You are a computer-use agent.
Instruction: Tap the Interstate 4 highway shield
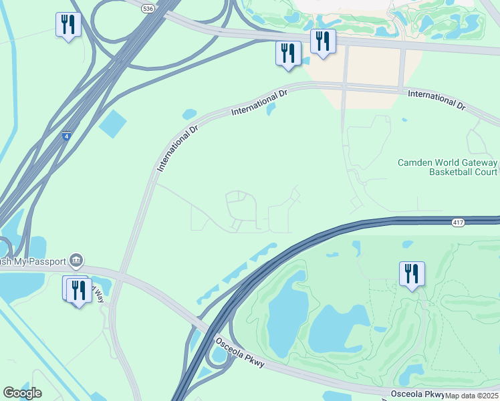pos(66,136)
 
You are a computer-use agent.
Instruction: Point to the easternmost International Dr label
pos(436,100)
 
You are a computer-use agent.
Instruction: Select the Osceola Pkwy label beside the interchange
pos(240,352)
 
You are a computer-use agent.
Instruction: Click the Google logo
pos(22,393)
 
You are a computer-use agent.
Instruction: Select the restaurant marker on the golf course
pos(410,273)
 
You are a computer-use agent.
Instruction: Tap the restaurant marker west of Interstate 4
pos(68,25)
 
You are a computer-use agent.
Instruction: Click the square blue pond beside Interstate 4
pos(112,124)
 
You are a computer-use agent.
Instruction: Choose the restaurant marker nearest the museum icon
pos(79,290)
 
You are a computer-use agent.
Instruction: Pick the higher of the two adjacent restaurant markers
pos(323,41)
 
